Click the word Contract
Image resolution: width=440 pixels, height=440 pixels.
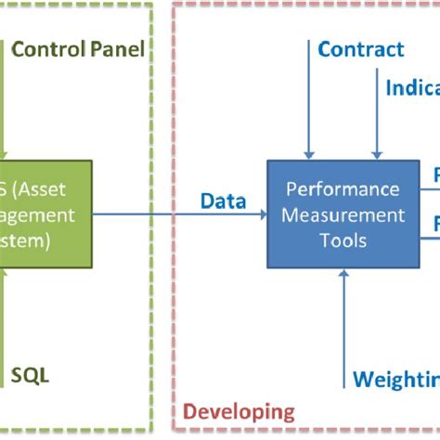tap(361, 50)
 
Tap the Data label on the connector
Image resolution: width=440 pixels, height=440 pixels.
tap(224, 201)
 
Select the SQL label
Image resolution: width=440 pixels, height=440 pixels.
tap(30, 375)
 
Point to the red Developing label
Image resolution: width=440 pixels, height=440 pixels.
tap(239, 411)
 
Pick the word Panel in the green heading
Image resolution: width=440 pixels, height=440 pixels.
tap(118, 48)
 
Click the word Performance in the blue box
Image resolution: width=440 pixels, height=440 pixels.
tap(344, 189)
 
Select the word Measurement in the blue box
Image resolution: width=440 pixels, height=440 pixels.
tap(344, 214)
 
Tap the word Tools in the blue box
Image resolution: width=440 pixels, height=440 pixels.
tap(344, 239)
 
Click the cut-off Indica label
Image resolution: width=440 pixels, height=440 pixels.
tap(412, 87)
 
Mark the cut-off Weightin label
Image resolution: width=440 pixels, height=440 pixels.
tap(395, 380)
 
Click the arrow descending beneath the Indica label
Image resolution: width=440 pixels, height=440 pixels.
tap(377, 130)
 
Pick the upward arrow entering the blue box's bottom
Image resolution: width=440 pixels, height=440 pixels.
tap(344, 316)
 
